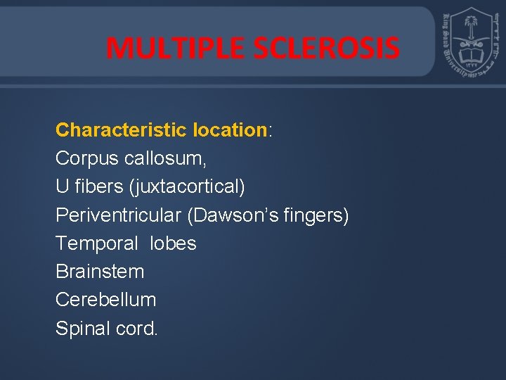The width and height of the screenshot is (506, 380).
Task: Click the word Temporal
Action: click(x=97, y=243)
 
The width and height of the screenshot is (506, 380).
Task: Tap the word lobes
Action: click(x=173, y=243)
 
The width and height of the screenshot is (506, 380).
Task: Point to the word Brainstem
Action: click(x=100, y=272)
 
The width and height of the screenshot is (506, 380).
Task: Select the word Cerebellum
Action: click(x=105, y=300)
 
